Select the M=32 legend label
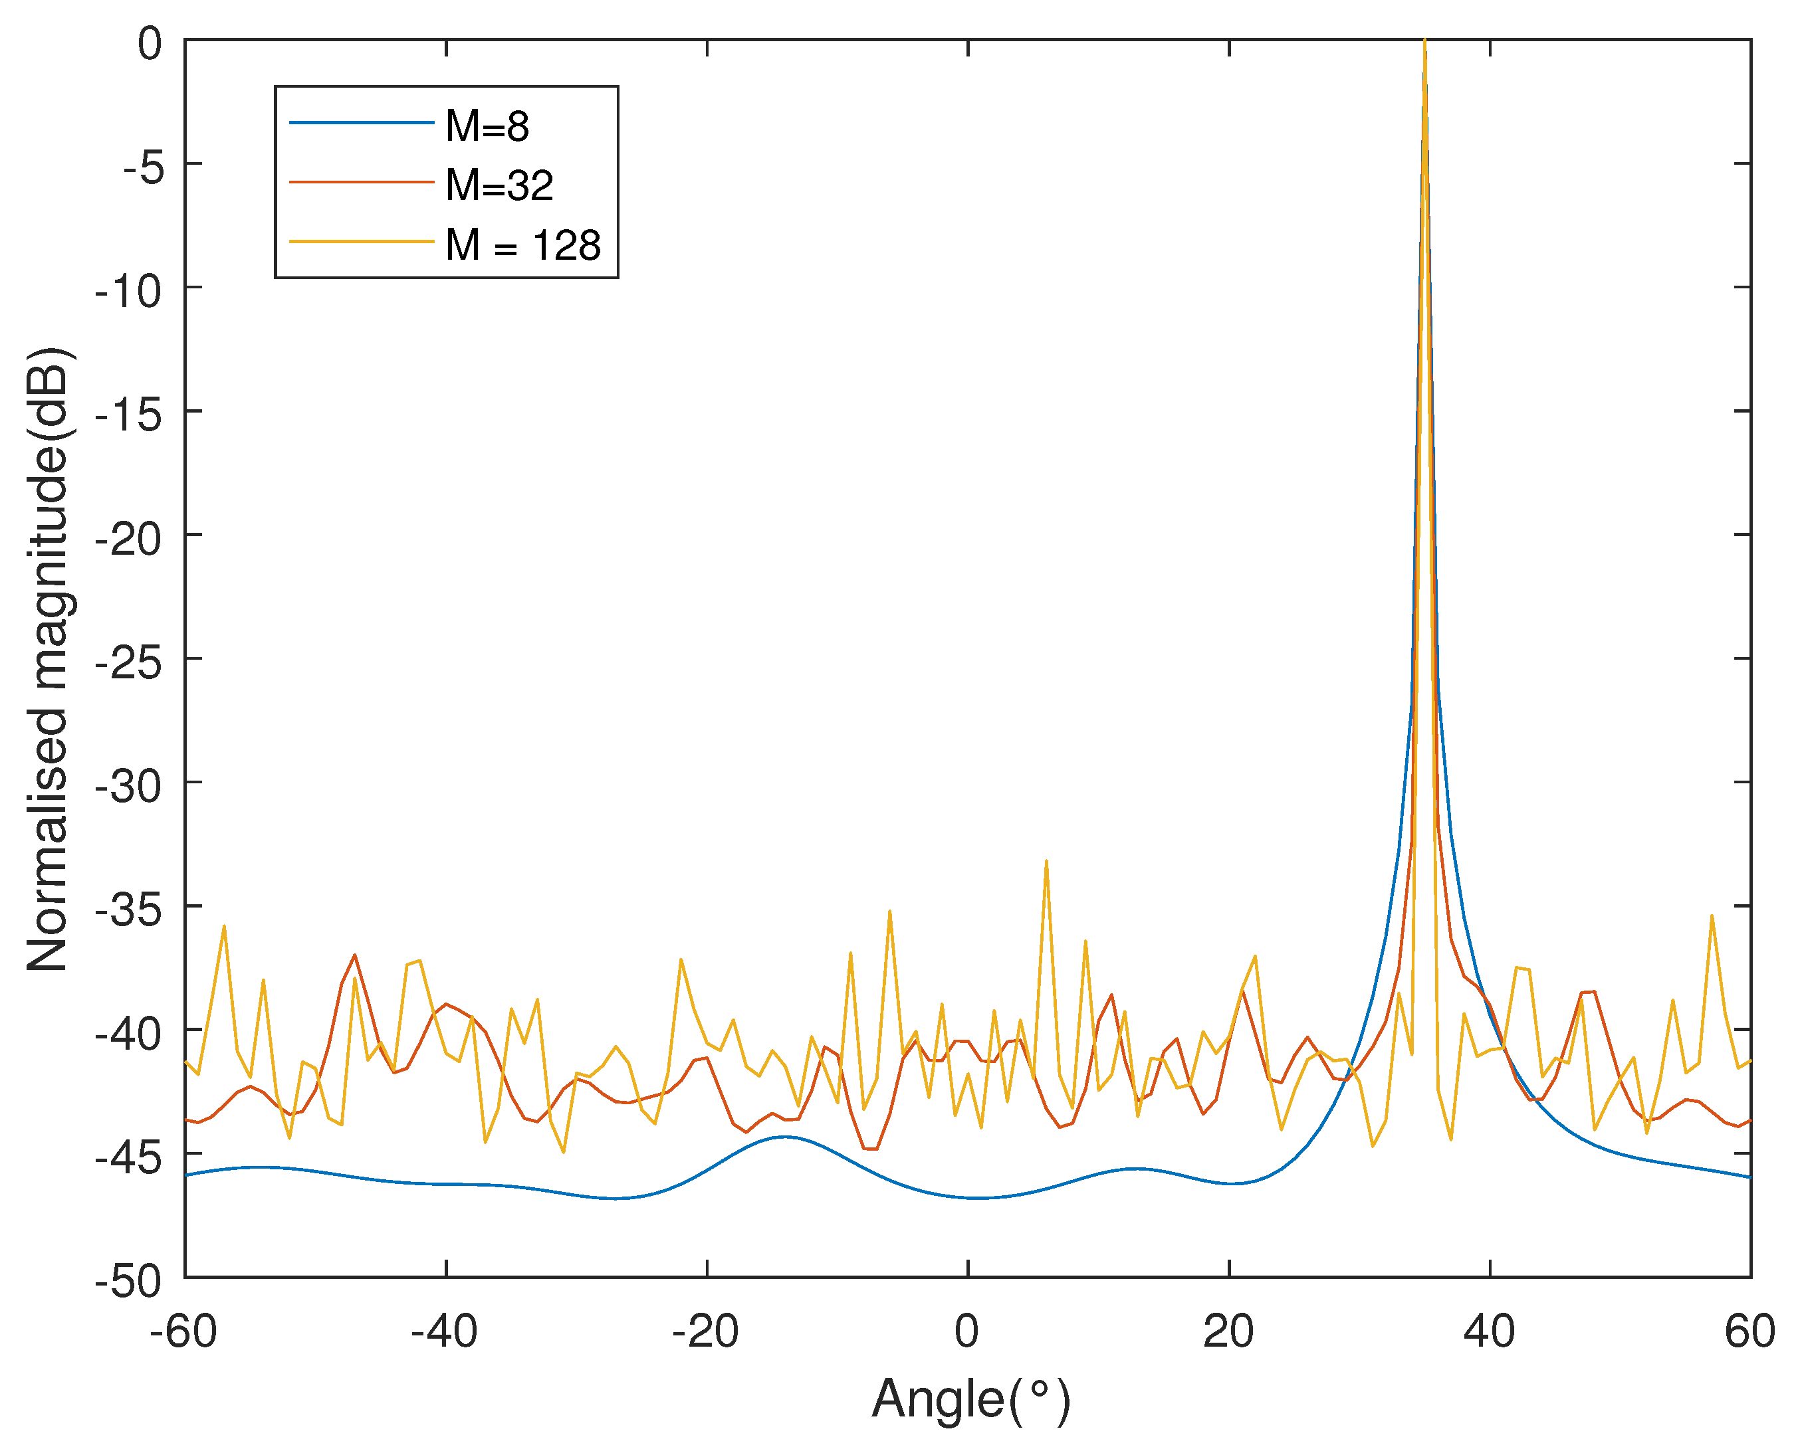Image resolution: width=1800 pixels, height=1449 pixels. [499, 185]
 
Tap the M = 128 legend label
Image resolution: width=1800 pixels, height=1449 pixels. [522, 245]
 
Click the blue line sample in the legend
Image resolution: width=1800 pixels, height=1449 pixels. [361, 124]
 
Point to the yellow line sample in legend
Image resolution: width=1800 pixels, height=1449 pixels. [361, 242]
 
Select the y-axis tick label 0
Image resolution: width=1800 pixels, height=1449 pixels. [150, 43]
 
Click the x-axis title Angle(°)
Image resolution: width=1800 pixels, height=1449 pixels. [970, 1400]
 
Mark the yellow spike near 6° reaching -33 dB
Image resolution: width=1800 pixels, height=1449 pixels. [1046, 862]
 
